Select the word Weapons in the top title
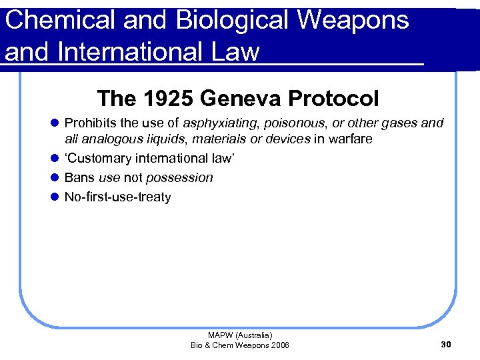coord(353,20)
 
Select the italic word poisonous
coord(293,123)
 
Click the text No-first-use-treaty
coord(117,197)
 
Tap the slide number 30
coord(446,345)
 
